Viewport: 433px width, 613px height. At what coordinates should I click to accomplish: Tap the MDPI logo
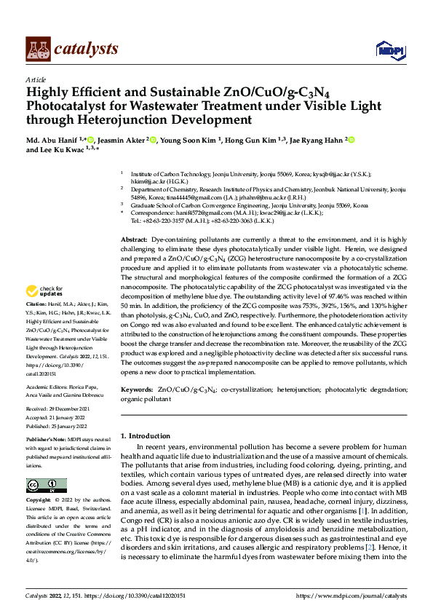[x=387, y=49]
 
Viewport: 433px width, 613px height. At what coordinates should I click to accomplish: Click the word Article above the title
[x=36, y=79]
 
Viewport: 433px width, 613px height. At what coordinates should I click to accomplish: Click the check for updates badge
[x=50, y=292]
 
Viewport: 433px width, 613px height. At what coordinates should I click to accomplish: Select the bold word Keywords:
[x=136, y=389]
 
